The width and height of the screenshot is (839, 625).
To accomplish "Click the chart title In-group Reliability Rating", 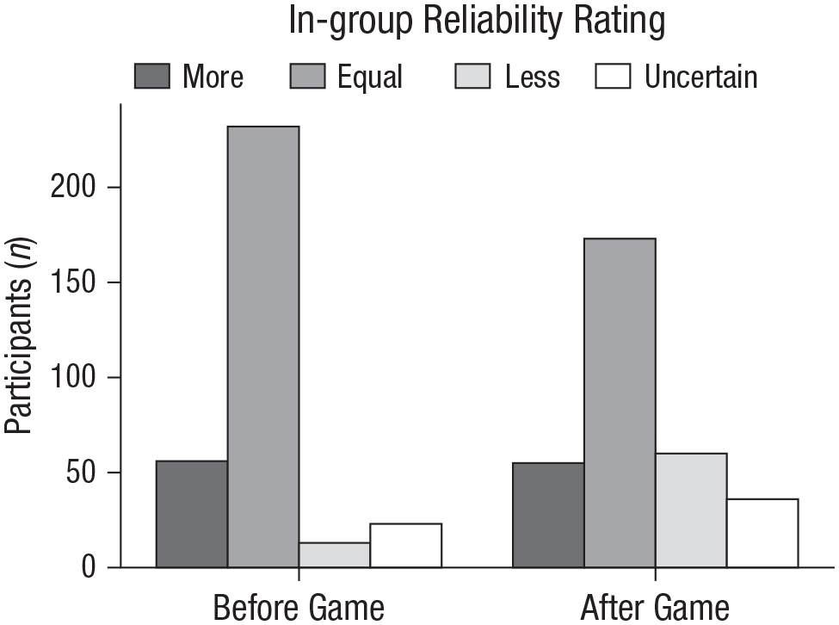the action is (477, 21).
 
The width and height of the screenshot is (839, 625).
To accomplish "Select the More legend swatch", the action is (152, 76).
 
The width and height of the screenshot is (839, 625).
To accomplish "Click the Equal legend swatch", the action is (307, 76).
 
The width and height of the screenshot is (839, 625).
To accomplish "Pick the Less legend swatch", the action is (472, 76).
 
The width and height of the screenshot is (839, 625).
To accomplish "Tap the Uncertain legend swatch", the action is (613, 76).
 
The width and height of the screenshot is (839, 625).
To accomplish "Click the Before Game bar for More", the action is (192, 514).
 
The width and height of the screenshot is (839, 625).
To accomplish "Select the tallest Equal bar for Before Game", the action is (263, 347).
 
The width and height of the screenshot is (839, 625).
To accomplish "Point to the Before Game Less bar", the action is (335, 555).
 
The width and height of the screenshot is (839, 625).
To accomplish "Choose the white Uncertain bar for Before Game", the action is (405, 545).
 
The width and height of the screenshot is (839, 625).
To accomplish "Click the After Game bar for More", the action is (548, 515).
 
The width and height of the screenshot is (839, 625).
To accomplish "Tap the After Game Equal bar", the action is (620, 402).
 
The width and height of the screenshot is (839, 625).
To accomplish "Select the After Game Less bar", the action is (691, 510).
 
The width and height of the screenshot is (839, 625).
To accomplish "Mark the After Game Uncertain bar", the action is (762, 533).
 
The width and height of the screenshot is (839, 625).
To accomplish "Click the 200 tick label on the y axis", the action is (73, 188).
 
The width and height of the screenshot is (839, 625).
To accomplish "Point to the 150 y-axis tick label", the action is (73, 282).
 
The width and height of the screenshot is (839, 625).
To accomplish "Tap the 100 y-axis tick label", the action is (73, 377).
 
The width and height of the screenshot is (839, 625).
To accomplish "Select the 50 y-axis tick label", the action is (81, 473).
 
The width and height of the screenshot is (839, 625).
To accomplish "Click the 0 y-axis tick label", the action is (89, 567).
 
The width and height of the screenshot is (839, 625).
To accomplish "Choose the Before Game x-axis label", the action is (299, 607).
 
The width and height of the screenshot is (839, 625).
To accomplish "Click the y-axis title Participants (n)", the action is (20, 336).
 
